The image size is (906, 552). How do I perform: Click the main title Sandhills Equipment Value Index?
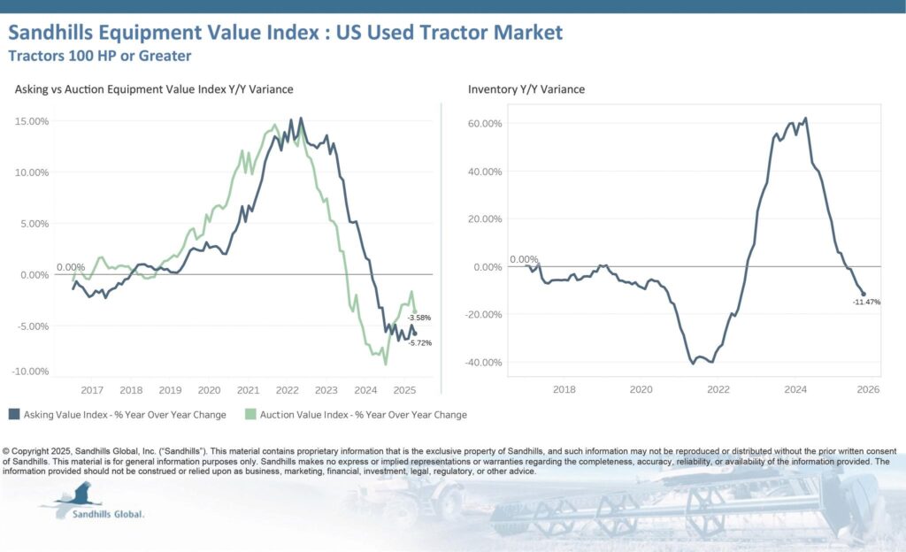tap(284, 33)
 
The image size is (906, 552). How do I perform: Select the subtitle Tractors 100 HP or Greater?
tap(99, 56)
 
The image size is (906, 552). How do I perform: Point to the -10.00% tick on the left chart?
tap(30, 371)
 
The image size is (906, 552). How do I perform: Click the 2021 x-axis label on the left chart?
tap(248, 390)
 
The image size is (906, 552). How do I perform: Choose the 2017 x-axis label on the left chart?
tap(92, 390)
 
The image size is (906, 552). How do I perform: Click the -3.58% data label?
tap(419, 318)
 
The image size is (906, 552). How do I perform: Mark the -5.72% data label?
tap(419, 342)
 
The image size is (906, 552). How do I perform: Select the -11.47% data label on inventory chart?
tap(866, 303)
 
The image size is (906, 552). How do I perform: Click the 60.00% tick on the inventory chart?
tap(484, 124)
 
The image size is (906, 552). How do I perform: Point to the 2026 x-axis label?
tap(866, 389)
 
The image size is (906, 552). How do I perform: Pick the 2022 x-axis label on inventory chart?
tap(718, 389)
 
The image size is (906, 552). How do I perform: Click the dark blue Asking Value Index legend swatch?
tap(14, 414)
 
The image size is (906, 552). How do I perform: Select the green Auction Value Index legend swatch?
tap(250, 414)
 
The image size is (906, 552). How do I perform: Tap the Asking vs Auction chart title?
tap(154, 89)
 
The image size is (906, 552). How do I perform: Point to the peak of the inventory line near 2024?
tap(805, 119)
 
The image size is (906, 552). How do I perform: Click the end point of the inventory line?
tap(864, 294)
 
